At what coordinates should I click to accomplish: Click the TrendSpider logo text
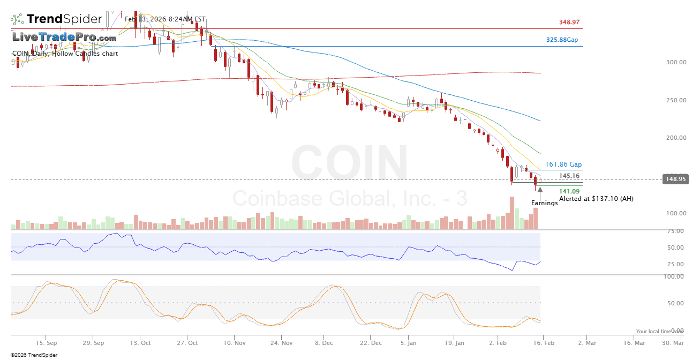coord(64,19)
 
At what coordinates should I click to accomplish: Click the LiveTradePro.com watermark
coord(64,37)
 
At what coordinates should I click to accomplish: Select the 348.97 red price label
coord(569,22)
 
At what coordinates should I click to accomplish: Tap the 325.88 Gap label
coord(562,40)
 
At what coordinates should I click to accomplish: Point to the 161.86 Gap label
coord(563,164)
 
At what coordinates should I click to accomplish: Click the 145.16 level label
coord(569,176)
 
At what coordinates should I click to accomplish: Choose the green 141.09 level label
coord(569,191)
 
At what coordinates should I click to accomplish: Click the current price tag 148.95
coord(675,179)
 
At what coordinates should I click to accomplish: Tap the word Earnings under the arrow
coord(544,203)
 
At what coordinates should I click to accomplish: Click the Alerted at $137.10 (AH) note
coord(596,199)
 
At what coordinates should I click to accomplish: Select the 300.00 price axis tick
coord(676,62)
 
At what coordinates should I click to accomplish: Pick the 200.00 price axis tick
coord(676,138)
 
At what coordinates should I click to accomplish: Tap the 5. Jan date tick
coord(409,342)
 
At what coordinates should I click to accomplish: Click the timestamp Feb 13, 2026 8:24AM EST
coord(165,19)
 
